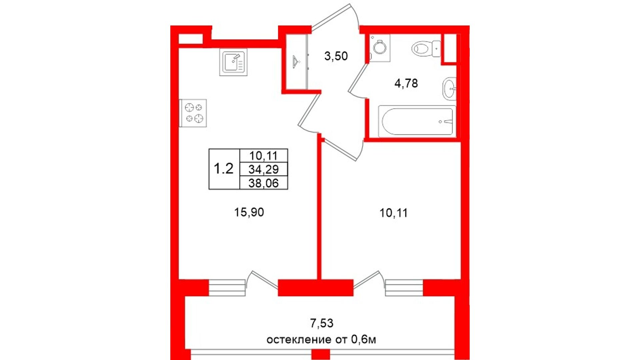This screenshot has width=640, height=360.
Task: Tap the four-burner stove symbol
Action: pos(193,113)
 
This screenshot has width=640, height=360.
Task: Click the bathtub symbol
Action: pos(417,121)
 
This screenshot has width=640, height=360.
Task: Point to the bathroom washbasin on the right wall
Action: pos(449,89)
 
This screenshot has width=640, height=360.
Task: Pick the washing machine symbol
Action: pos(380,48)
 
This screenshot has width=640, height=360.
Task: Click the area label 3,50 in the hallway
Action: pos(336,56)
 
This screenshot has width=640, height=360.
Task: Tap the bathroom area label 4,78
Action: pos(406,83)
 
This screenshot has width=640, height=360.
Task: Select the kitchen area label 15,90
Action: pos(249,212)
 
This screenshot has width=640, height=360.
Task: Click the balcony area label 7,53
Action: pos(322,323)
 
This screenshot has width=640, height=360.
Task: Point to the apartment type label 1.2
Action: pos(223,169)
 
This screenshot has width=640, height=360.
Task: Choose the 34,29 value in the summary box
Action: pos(263,169)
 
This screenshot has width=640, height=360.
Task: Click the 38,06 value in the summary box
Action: pos(263,183)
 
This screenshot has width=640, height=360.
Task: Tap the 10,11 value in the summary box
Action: pos(263,156)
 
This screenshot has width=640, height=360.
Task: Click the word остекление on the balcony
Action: pos(298,340)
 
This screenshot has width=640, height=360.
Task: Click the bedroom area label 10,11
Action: pos(393,213)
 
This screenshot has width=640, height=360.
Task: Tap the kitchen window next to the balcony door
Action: pos(227,288)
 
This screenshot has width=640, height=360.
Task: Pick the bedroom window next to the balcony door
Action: pos(404,288)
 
